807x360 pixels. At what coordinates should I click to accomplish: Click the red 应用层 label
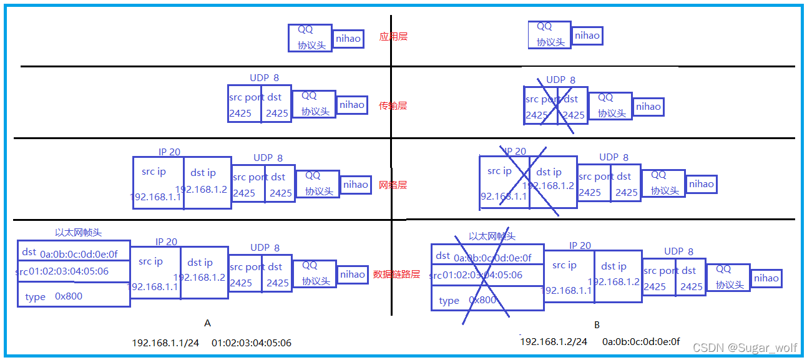pos(393,37)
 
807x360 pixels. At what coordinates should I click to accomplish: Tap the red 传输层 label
pos(393,105)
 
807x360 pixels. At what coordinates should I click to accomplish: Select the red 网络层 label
pos(393,185)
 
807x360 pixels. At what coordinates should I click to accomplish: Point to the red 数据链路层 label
pos(396,274)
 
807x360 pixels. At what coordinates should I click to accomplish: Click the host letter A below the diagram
pos(208,323)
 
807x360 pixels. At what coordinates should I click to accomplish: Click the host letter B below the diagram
pos(597,325)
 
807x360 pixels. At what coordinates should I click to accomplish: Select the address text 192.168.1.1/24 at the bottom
pos(165,343)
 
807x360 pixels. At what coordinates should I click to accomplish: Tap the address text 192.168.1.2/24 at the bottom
pos(554,341)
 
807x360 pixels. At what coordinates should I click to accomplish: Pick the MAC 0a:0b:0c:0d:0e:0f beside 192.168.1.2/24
pos(641,341)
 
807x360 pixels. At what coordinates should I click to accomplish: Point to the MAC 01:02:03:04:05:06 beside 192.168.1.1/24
pos(252,343)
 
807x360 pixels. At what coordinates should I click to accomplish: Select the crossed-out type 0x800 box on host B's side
pos(487,299)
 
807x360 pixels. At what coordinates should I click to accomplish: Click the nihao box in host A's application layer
pos(348,39)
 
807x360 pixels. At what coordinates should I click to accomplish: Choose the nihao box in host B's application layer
pos(587,36)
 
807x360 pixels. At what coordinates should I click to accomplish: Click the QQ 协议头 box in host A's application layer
pos(310,37)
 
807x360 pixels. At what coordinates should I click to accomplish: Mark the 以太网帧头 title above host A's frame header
pos(78,232)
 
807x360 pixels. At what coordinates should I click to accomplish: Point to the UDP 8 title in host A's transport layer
pos(265,78)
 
